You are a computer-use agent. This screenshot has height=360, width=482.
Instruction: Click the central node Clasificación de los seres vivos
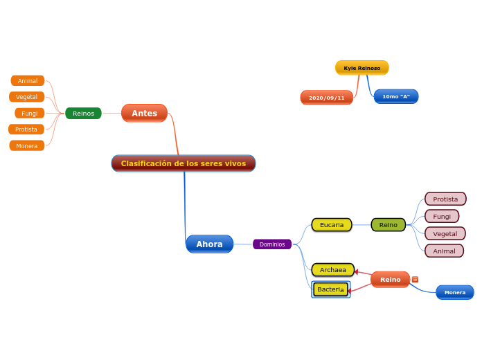(184, 163)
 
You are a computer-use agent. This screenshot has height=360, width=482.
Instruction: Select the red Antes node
(144, 113)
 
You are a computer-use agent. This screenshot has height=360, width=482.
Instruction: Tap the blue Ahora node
(209, 244)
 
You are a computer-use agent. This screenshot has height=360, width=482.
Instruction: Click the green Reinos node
(83, 114)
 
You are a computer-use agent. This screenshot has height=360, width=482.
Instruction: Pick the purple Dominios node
(272, 244)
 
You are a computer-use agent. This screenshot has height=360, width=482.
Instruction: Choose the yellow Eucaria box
(332, 224)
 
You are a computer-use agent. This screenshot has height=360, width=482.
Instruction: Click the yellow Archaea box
(332, 269)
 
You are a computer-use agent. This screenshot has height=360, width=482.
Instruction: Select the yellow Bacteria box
(330, 289)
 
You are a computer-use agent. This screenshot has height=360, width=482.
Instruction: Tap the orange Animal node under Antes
(28, 81)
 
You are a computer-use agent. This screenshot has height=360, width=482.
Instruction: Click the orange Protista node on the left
(26, 129)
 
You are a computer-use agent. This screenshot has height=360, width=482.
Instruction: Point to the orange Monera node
(27, 145)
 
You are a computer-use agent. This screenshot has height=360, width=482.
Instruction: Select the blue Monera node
(454, 292)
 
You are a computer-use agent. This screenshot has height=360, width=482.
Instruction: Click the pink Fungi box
(442, 216)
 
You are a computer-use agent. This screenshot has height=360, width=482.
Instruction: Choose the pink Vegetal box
(445, 233)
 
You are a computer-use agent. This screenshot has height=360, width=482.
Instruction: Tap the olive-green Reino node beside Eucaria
(388, 224)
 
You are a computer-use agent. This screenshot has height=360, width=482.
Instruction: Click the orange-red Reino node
(390, 279)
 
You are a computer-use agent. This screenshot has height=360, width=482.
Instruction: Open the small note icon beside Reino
(415, 280)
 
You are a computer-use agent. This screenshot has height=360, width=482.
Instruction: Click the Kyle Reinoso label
(361, 68)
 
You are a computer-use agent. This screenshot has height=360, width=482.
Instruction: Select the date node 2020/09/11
(326, 98)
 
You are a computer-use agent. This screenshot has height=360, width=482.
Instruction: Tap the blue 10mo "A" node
(395, 96)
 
